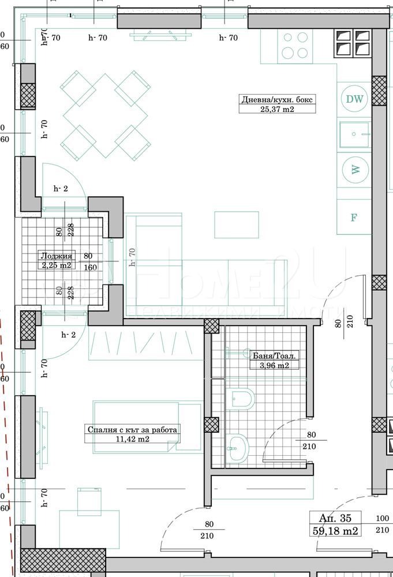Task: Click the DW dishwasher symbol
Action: (x=355, y=99)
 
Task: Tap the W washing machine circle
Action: (x=355, y=170)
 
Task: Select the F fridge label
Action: (x=354, y=218)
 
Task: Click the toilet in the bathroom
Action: (x=241, y=399)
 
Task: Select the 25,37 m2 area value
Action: (x=277, y=109)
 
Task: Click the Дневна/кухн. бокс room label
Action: (x=277, y=99)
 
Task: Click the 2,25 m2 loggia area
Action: (x=56, y=265)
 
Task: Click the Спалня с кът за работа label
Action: (x=133, y=429)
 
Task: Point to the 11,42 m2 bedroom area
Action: (x=133, y=439)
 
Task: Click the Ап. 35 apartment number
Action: (x=335, y=518)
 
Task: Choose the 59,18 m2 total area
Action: (x=335, y=530)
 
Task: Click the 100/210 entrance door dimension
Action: (x=382, y=524)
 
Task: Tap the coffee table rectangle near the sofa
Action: (x=237, y=225)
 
